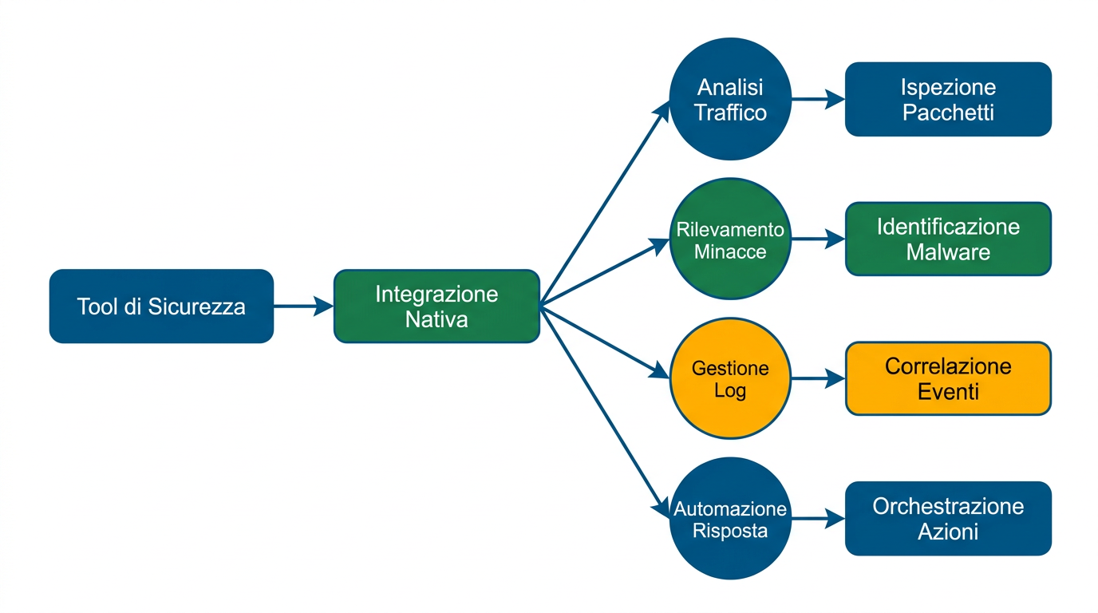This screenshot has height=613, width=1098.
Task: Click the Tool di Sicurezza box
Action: pos(161,306)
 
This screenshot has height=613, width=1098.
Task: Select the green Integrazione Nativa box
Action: pos(436,306)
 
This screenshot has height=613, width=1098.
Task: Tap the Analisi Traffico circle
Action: pos(730,99)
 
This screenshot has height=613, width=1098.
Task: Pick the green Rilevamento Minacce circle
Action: pos(730,239)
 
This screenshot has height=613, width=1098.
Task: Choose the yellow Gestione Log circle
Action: pos(730,379)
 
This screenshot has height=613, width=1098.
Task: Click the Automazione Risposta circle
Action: pos(730,519)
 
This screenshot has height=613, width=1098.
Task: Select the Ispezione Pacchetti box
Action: pos(948,99)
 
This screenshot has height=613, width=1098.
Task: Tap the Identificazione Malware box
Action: pos(948,239)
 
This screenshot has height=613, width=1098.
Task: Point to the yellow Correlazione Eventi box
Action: pos(948,379)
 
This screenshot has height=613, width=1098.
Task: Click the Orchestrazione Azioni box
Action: pos(948,519)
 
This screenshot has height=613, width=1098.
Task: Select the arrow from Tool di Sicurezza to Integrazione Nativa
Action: pos(303,306)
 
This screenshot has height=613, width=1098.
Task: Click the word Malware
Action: pos(948,253)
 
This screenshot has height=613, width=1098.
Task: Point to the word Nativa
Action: pos(436,320)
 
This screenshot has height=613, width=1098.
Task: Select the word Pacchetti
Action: pos(948,113)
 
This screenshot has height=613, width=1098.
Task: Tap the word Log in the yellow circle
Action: pos(730,392)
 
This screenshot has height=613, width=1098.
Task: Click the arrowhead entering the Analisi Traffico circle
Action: pos(663,112)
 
